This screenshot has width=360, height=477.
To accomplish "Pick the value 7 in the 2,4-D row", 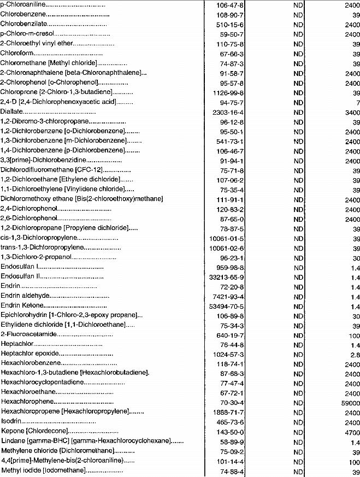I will (x=356, y=102).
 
